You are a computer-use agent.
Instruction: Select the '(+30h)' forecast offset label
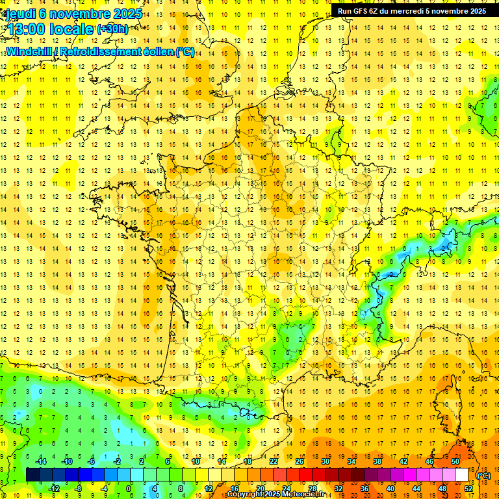(112, 29)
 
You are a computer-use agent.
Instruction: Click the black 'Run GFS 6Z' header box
(411, 11)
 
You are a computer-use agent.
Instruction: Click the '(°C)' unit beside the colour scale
(483, 475)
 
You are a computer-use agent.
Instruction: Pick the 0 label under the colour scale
(129, 489)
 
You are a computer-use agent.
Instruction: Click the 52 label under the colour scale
(468, 489)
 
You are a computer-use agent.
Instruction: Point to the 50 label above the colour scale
(455, 461)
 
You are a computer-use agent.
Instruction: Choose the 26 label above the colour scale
(300, 461)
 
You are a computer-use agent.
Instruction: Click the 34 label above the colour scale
(352, 461)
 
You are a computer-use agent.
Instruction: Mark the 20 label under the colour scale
(260, 489)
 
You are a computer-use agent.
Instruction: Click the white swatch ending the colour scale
(462, 475)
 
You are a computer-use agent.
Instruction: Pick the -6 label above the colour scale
(92, 461)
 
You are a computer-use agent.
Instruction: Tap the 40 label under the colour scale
(390, 489)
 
